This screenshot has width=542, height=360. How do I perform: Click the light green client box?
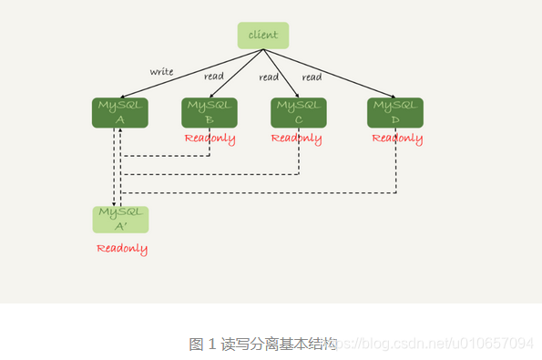click(263, 36)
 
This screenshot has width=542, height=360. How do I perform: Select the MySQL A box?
click(119, 112)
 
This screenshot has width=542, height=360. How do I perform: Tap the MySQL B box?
click(209, 112)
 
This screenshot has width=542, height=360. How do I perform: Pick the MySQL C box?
click(298, 112)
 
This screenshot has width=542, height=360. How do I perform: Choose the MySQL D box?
click(395, 112)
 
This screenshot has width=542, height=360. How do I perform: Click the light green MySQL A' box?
click(119, 220)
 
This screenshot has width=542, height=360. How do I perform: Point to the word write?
click(162, 72)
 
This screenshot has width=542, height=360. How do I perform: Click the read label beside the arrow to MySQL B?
click(214, 77)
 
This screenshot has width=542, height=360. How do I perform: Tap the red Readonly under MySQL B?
click(210, 139)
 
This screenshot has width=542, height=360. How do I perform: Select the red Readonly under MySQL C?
click(296, 139)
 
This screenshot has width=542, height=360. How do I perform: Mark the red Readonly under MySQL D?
click(397, 139)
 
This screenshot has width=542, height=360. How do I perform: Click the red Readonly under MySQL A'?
click(122, 248)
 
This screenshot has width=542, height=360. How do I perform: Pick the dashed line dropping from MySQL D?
click(396, 169)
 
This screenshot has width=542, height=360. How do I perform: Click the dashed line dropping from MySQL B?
click(210, 148)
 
